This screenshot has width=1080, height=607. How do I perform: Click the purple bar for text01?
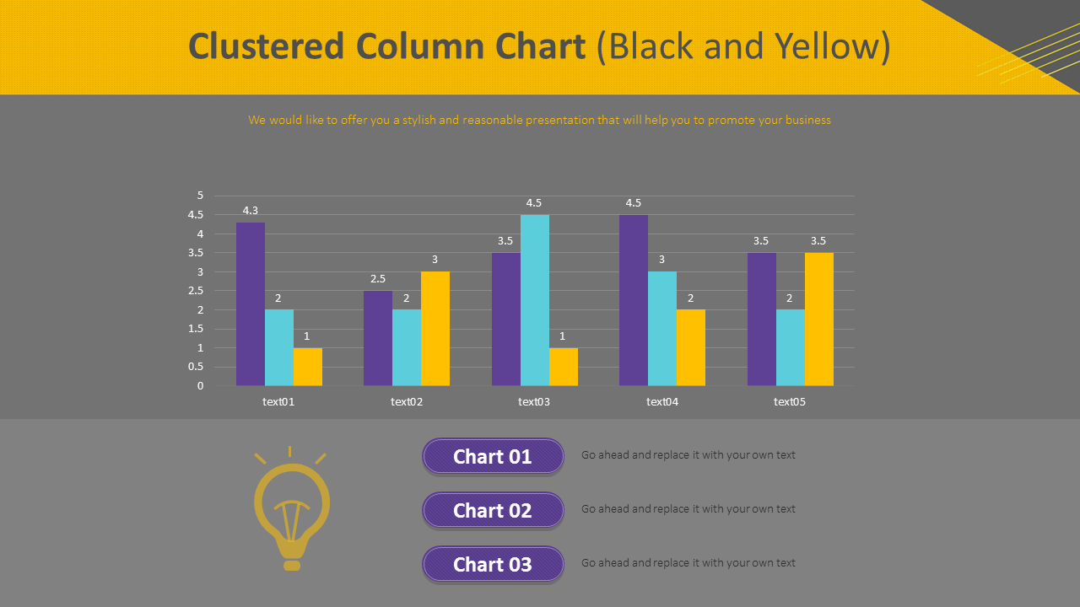(x=251, y=303)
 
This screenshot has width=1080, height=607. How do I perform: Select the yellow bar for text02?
(x=435, y=329)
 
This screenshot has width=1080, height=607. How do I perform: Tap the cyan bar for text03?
(x=535, y=300)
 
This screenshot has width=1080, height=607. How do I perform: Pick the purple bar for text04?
(x=634, y=300)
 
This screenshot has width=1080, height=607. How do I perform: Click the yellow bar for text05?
(x=819, y=319)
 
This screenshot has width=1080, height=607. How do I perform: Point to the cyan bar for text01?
(x=279, y=347)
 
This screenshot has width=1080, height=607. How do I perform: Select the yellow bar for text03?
(x=564, y=367)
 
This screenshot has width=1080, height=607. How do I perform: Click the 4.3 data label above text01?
(x=251, y=211)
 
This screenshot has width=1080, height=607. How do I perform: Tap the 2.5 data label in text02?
(x=378, y=279)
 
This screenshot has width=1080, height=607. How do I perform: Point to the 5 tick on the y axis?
(x=200, y=196)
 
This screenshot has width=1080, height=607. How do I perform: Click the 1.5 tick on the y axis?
(x=196, y=329)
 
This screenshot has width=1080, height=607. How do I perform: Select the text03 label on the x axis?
(x=534, y=402)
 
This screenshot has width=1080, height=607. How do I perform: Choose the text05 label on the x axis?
(x=790, y=402)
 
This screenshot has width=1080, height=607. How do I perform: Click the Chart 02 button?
(x=493, y=510)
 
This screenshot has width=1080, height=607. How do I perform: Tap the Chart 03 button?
(x=493, y=564)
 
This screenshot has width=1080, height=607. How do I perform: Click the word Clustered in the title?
(x=267, y=46)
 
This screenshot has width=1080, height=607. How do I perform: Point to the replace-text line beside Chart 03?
(x=688, y=563)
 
